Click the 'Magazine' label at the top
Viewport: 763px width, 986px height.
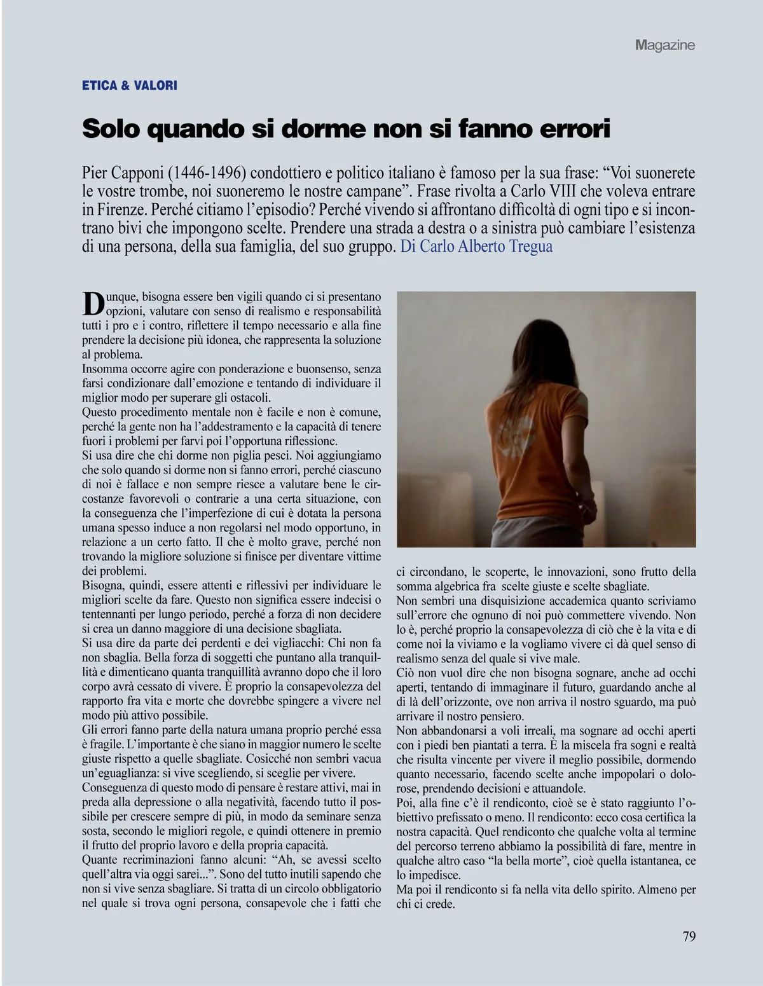(x=664, y=45)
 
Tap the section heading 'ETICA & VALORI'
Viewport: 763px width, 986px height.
(x=130, y=85)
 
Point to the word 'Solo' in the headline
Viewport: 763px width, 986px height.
(x=111, y=128)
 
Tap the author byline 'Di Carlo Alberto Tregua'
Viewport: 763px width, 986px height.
(x=476, y=247)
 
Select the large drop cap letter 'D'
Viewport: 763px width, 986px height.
(x=93, y=303)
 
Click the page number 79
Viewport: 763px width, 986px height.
(x=689, y=936)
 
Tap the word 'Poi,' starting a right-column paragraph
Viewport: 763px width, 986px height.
(x=407, y=802)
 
